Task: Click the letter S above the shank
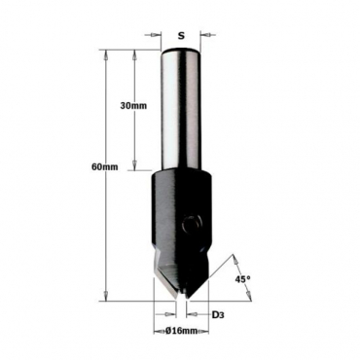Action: (x=181, y=36)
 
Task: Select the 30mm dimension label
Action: (x=133, y=106)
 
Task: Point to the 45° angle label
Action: (x=243, y=279)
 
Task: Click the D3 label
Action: (x=218, y=314)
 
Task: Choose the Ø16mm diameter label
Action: (x=181, y=331)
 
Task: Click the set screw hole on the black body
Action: (x=192, y=224)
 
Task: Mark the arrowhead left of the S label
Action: (x=157, y=34)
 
